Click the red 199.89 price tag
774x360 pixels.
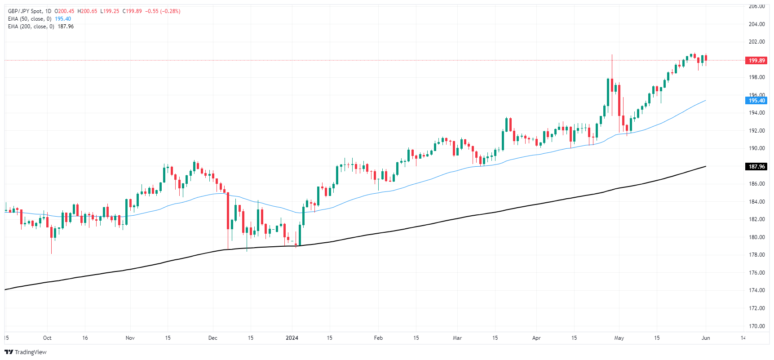coord(756,61)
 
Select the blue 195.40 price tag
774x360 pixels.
coord(756,101)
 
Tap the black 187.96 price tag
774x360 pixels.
coord(756,167)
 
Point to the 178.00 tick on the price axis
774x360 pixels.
coord(756,255)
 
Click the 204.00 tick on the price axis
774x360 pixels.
coord(756,24)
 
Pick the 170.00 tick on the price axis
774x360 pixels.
coord(756,326)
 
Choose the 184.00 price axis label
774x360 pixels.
coord(756,202)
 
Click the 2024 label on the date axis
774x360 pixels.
coord(292,338)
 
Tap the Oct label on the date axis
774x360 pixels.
coord(47,338)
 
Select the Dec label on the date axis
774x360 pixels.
coord(213,338)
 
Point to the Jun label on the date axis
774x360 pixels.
coord(706,338)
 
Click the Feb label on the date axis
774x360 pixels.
coord(378,338)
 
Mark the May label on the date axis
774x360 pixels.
coord(619,338)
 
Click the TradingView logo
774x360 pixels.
coord(26,352)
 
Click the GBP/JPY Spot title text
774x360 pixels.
coord(25,11)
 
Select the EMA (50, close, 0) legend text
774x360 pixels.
coord(30,19)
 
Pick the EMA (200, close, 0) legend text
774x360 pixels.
coord(31,27)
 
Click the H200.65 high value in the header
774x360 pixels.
coord(87,11)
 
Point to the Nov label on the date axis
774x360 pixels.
coord(130,338)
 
